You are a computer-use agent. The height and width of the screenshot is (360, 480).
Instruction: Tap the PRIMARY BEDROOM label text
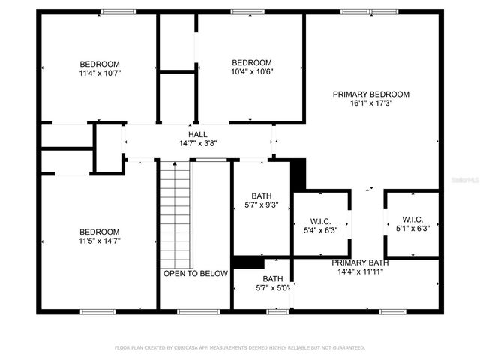(371, 94)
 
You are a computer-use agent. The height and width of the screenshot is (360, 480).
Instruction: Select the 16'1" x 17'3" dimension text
(371, 103)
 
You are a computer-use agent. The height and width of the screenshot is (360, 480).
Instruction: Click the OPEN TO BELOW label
(196, 274)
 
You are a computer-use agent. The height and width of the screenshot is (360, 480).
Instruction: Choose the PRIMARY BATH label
(362, 262)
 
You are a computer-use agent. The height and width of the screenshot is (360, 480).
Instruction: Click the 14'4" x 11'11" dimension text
(362, 271)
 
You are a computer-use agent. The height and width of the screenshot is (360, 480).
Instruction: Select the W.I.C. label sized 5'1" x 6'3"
(412, 220)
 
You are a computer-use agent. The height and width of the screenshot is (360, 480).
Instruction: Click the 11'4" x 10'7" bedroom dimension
(100, 73)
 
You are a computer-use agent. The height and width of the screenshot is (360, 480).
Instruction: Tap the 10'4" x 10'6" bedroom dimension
(251, 71)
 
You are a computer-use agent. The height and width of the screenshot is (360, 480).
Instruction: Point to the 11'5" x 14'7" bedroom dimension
(100, 241)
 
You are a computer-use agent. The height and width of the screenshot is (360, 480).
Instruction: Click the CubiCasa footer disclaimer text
(240, 348)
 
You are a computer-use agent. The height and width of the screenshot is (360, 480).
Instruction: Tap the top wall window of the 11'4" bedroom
(114, 12)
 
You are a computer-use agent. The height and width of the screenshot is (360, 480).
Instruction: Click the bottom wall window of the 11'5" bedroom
(100, 311)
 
